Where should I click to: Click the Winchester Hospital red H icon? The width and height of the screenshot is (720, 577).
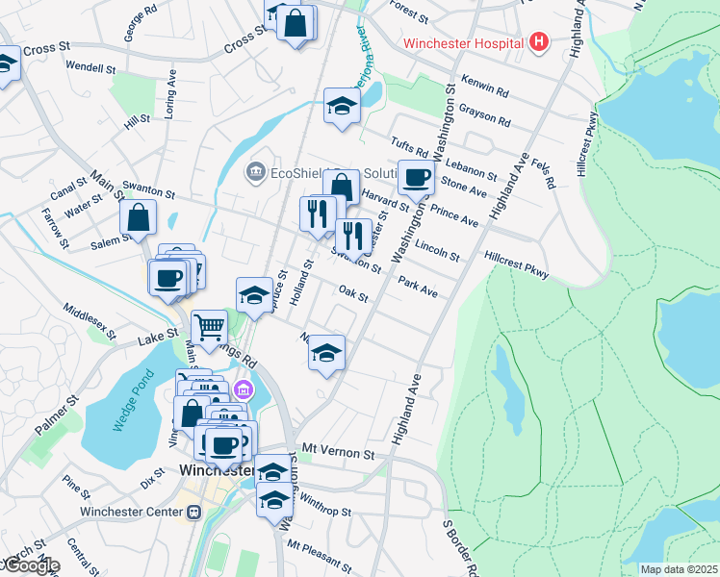[538, 42]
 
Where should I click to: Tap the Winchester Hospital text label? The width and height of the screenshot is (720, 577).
[463, 43]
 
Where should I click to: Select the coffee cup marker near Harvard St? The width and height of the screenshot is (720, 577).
[416, 177]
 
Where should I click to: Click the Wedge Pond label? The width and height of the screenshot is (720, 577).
[127, 410]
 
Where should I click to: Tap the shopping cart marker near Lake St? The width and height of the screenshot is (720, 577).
[209, 327]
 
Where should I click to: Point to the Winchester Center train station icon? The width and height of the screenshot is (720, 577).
[193, 512]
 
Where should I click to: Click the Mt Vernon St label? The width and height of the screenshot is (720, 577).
[337, 450]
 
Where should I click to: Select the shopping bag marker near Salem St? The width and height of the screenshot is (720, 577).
[138, 217]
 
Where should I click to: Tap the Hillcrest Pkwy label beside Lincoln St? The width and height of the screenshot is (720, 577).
[517, 265]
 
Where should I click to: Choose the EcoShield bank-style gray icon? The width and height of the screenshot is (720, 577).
[256, 172]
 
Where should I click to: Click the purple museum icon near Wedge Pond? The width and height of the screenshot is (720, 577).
[243, 390]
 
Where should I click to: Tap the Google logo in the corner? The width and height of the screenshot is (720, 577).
[30, 565]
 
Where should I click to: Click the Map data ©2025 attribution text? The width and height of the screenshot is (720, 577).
[679, 569]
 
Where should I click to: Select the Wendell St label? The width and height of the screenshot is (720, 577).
[91, 69]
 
